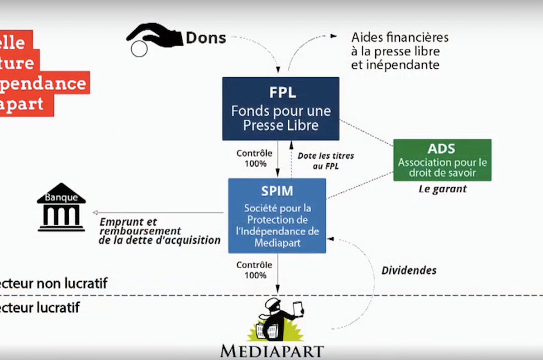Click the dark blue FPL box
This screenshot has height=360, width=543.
281,109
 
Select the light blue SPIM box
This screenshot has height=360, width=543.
277,215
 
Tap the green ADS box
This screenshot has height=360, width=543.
442,159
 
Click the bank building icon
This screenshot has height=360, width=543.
61,207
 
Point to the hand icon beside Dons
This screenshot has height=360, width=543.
155,35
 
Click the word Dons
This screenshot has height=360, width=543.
206,38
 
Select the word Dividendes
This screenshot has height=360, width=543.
409,270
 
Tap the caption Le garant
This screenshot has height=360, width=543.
442,189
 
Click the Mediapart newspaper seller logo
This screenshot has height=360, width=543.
276,319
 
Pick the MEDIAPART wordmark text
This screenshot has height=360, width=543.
272,351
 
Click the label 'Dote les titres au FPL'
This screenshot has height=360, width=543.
326,161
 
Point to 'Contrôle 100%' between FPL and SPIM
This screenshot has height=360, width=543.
254,158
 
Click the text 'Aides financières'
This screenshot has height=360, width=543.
400,37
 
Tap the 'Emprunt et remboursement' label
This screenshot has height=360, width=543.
139,226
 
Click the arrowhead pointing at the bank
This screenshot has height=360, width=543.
95,213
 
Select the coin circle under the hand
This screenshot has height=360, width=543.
139,49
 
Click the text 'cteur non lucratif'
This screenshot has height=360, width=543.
54,283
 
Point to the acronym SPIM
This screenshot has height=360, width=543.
278,192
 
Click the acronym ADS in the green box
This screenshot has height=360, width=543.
442,148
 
